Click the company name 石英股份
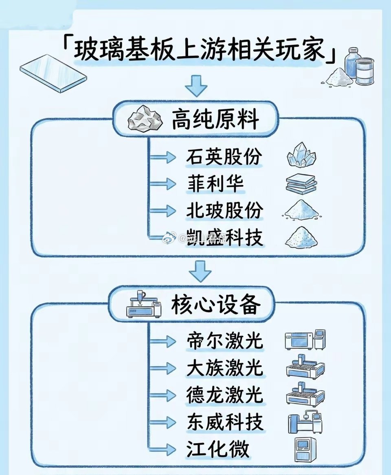pos(224,157)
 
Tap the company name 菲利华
pos(215,183)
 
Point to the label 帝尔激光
pos(224,341)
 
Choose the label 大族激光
pos(224,368)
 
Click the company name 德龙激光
pos(224,395)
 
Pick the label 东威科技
pos(224,422)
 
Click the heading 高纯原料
pos(215,120)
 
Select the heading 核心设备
pos(216,304)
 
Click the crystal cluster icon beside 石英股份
pos(301,155)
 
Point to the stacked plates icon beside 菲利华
pos(302,183)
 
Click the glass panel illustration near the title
pos(53,73)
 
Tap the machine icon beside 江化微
pos(305,450)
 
